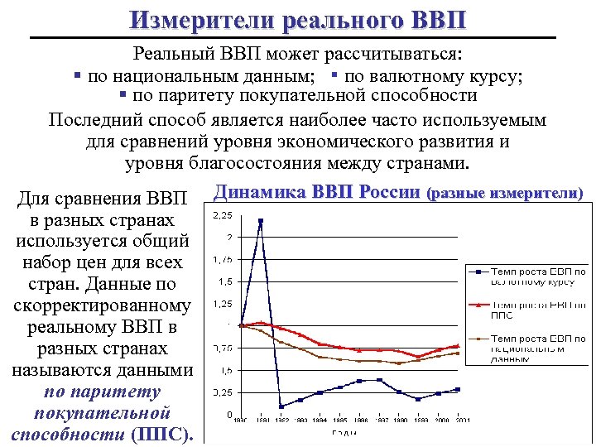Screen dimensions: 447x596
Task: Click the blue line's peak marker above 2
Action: (x=261, y=221)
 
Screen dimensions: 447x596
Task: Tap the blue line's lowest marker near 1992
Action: (x=281, y=406)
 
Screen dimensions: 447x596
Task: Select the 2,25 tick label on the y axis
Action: (x=223, y=216)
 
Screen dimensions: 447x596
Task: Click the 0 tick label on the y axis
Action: (x=228, y=413)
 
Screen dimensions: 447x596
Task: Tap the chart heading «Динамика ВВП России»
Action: (x=317, y=193)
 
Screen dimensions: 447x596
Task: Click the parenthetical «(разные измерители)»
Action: (x=504, y=194)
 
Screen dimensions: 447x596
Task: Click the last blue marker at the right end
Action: (x=457, y=389)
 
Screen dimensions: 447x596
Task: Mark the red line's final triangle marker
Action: (x=457, y=346)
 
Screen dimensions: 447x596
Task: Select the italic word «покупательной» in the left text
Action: (x=103, y=412)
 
